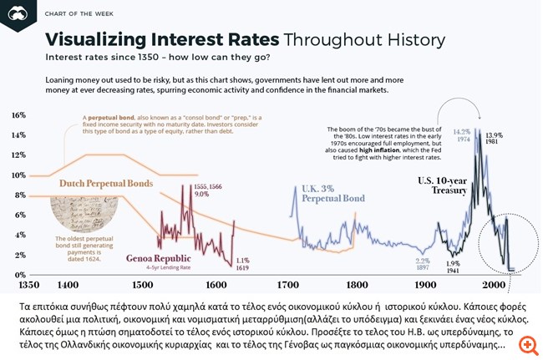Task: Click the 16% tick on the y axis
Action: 18,114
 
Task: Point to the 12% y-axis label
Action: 18,155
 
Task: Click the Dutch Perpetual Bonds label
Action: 105,183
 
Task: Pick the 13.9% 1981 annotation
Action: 494,139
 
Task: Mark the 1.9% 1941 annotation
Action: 454,267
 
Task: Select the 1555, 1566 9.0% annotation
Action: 206,189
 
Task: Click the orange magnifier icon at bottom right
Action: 527,344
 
